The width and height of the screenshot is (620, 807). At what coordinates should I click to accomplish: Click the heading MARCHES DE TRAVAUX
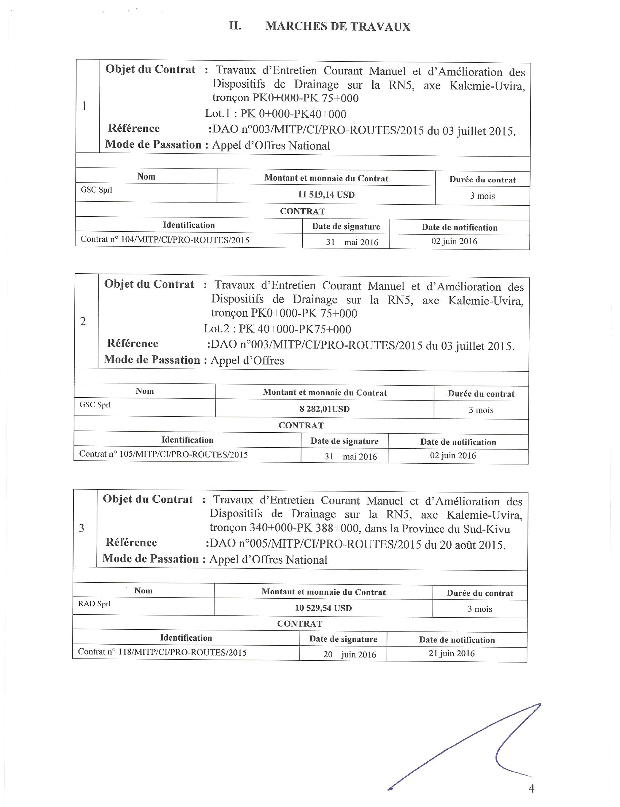tap(338, 27)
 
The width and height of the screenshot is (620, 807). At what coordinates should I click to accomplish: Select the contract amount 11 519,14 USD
tap(326, 194)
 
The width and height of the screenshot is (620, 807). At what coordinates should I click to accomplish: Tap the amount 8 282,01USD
tap(324, 409)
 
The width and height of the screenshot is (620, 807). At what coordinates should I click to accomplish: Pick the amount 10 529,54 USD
tap(323, 608)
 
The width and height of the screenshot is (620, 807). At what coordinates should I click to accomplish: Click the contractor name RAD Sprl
tap(94, 604)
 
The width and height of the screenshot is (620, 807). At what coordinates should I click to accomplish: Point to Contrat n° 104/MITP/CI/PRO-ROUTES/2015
tap(165, 240)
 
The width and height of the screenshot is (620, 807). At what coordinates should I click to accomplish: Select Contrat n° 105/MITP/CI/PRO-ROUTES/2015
tap(163, 455)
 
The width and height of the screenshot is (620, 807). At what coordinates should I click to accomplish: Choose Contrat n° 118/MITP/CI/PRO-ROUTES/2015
tap(162, 652)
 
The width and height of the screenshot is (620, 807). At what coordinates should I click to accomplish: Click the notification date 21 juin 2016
tap(452, 653)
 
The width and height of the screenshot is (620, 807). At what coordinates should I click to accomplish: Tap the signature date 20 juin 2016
tap(349, 655)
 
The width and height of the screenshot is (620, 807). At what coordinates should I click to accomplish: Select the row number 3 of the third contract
tap(82, 528)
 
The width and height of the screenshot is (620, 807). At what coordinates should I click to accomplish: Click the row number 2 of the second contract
tap(83, 321)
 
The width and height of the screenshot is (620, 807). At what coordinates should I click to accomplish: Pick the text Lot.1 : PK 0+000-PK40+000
tap(276, 114)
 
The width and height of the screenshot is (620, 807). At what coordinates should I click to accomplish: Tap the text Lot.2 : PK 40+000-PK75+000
tap(278, 329)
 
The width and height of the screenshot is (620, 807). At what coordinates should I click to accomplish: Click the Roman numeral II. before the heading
tap(235, 26)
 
